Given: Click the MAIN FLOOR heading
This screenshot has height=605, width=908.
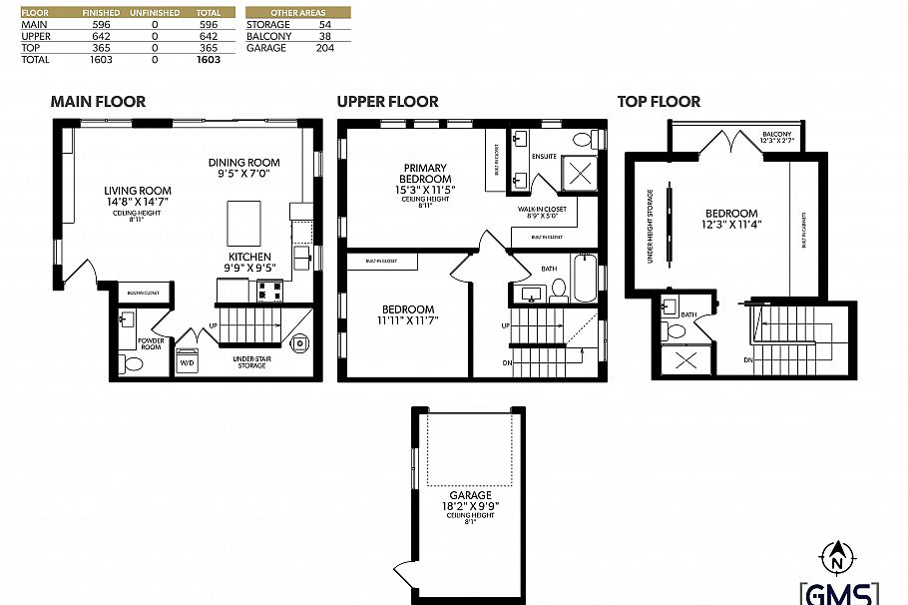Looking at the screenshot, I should click(98, 101).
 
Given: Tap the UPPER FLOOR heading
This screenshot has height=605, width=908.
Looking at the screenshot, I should click(387, 101).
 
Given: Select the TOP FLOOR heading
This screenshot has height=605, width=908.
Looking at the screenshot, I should click(659, 101).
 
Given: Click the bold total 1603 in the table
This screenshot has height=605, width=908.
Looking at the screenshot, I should click(209, 60).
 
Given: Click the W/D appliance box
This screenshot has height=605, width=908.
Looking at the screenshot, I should click(187, 362).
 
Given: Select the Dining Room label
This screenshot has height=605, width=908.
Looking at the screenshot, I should click(243, 168).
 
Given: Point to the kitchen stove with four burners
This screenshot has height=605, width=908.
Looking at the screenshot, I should click(269, 291).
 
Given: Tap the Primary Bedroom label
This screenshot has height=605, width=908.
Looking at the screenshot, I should click(425, 179).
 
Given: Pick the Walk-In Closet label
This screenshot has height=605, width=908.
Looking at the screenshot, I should click(542, 213).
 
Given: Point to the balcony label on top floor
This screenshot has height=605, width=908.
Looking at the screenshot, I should click(776, 137).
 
